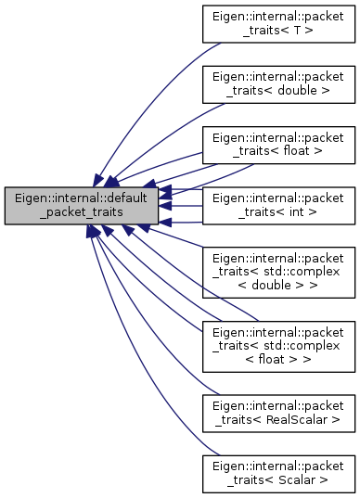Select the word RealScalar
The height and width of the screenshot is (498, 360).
point(301,419)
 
